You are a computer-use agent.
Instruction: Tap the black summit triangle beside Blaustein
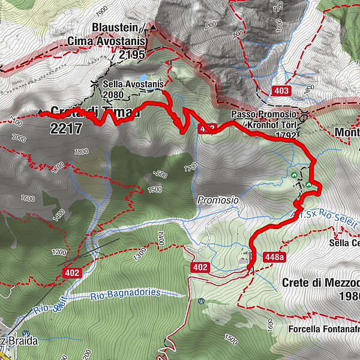point(153,28)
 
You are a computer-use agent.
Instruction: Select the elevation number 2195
point(132,55)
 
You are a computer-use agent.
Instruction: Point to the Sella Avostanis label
point(133,85)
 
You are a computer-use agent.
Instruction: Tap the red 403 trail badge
point(281,91)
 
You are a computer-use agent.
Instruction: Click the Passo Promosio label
point(263,114)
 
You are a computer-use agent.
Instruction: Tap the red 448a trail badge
point(274,257)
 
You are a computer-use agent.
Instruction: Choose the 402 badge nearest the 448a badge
point(200,266)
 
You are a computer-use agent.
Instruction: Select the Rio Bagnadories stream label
point(125,293)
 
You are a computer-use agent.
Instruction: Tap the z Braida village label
point(21,341)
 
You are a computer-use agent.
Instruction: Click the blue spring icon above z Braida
point(25,333)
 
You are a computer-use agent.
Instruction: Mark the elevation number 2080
point(114,94)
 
